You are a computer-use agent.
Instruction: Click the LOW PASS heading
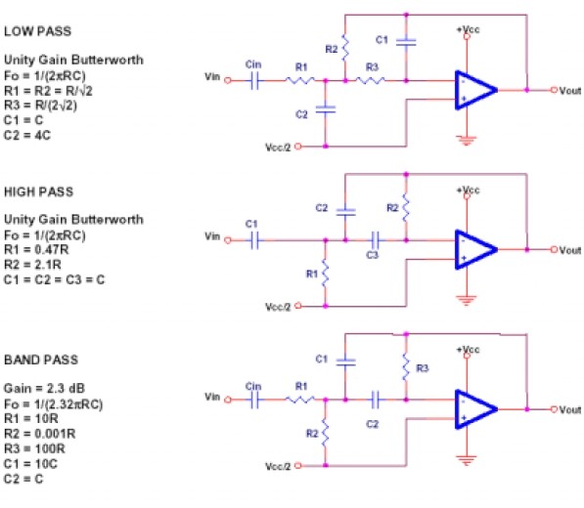(37, 31)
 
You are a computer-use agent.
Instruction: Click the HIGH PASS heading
(38, 191)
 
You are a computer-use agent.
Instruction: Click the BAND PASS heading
(41, 360)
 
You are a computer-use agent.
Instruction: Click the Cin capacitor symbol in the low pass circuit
(254, 80)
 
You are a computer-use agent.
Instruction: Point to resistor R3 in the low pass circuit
(370, 80)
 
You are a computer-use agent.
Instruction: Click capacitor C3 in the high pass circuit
(376, 240)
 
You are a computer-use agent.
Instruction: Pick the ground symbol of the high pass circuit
(466, 300)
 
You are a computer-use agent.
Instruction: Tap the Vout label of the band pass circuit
(570, 410)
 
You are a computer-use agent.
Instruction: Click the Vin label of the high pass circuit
(212, 236)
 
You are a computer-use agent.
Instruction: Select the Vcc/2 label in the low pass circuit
(278, 148)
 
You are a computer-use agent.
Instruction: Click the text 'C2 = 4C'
(26, 136)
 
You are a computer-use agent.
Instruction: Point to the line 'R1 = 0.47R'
(36, 249)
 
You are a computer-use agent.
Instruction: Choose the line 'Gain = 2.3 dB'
(44, 388)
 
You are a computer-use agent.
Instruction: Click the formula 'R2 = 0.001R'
(39, 434)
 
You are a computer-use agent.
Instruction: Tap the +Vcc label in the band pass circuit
(469, 350)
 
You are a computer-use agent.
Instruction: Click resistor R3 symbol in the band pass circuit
(406, 366)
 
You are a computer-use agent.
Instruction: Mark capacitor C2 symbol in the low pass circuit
(326, 109)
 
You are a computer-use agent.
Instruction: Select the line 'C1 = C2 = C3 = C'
(55, 279)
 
